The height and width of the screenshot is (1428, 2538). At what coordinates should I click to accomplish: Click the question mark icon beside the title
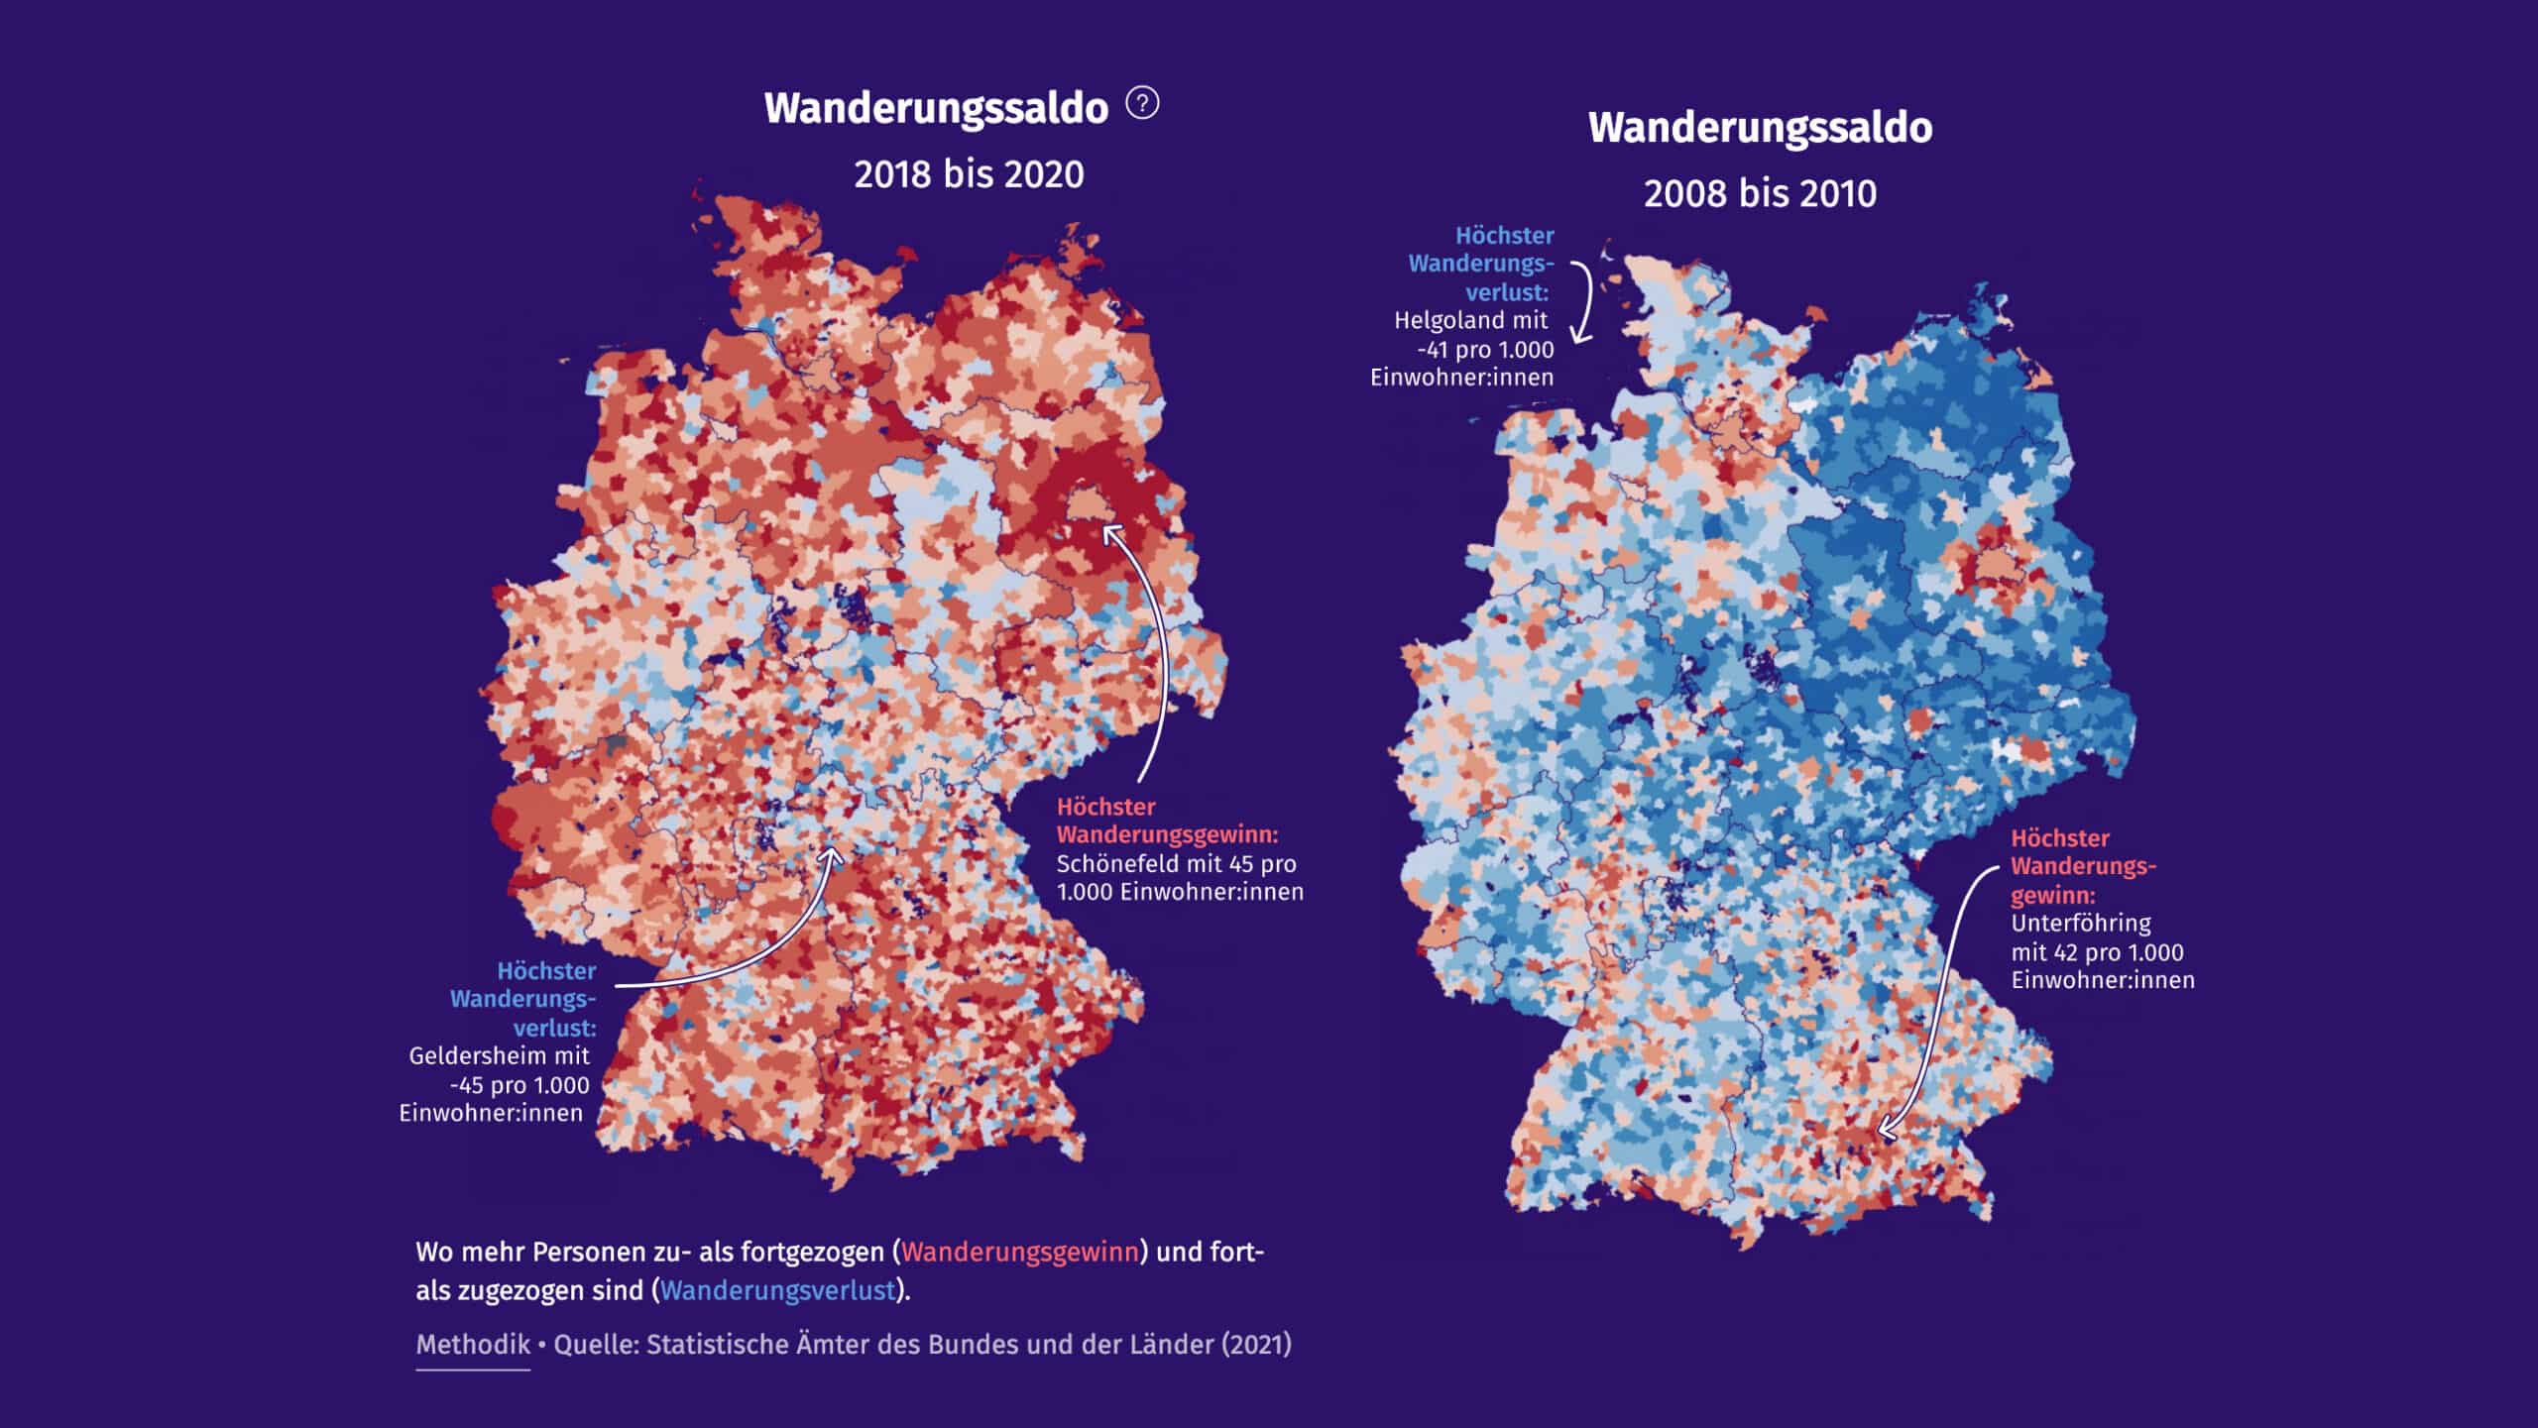tap(1142, 103)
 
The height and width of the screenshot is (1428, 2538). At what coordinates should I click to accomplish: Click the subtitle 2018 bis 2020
tap(969, 174)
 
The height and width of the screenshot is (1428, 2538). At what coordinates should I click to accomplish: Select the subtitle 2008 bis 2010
tap(1760, 193)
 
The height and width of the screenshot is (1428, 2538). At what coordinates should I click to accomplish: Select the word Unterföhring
tap(2080, 924)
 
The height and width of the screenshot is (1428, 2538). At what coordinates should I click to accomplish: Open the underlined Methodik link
tap(473, 1345)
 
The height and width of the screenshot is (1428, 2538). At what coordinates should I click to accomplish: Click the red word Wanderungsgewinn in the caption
tap(1019, 1253)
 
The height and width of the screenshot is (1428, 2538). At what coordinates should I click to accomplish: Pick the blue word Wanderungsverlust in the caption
tap(777, 1291)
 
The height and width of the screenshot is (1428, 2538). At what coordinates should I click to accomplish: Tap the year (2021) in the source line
tap(1256, 1345)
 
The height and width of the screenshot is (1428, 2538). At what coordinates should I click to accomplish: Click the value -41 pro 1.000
tap(1485, 350)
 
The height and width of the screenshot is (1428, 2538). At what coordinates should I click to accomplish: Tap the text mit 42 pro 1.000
tap(2097, 952)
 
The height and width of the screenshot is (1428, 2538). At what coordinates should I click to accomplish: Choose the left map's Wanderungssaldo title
tap(936, 109)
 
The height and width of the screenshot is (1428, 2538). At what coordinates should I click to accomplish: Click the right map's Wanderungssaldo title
tap(1760, 129)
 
